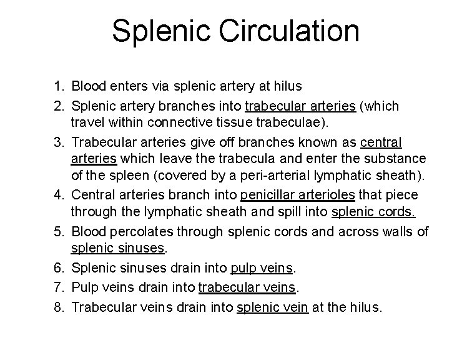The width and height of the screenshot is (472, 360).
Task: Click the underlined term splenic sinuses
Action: click(117, 249)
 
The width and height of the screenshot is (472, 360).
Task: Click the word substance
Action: click(394, 159)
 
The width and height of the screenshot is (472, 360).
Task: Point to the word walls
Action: click(393, 232)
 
